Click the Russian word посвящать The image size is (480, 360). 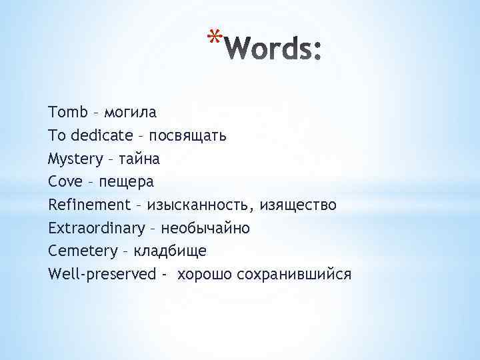pos(188,135)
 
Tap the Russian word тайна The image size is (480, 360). pos(137,159)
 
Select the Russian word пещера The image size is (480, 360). pos(127,182)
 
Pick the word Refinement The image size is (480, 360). pos(89,205)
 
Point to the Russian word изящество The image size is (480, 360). pos(299,205)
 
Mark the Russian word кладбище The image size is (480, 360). pos(170,251)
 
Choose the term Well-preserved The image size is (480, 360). pos(102,274)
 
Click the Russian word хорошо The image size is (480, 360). pos(203,274)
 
